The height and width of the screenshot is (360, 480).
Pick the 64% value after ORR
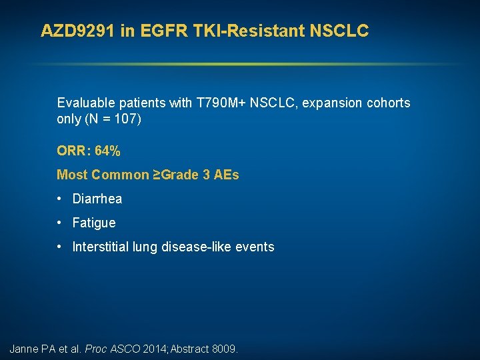pyautogui.click(x=108, y=151)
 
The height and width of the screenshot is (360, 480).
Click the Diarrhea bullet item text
pyautogui.click(x=97, y=199)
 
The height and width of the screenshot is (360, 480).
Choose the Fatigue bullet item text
pyautogui.click(x=94, y=223)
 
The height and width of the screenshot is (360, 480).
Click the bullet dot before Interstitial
pyautogui.click(x=60, y=247)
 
